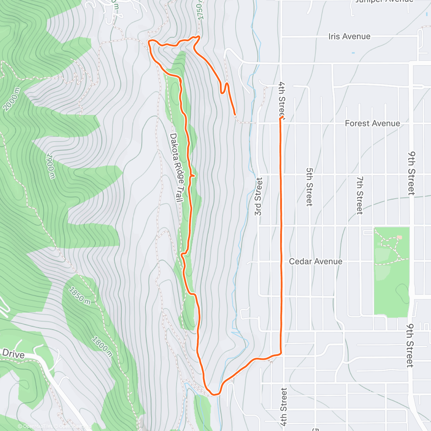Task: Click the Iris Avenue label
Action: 349,37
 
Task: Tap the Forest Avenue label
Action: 372,124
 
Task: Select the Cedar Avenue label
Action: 315,261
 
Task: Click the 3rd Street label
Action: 258,196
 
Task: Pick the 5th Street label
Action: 309,187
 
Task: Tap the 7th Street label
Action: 360,195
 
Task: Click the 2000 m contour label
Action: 11,99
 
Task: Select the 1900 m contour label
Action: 51,166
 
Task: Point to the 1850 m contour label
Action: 80,295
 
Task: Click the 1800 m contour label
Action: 101,346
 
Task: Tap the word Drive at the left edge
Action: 13,354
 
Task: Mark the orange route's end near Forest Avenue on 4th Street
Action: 281,118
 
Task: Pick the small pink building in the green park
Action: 399,237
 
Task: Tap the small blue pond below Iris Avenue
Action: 353,53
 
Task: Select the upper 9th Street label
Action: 411,173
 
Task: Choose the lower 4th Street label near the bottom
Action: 284,407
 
